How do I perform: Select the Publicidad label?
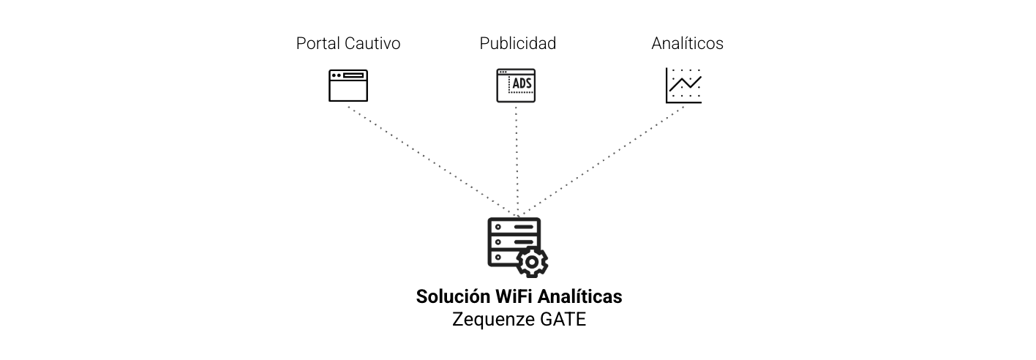517,44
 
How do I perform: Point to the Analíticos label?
687,44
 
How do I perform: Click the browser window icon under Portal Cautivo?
348,86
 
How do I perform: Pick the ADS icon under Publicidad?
516,86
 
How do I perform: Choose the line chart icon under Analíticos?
683,86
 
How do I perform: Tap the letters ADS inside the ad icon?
522,84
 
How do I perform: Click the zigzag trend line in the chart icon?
686,83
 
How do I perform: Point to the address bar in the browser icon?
354,75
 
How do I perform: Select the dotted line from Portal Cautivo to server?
432,162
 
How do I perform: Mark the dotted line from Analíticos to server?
601,162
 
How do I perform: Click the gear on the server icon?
532,261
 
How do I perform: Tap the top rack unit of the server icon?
514,227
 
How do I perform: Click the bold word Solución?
452,297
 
